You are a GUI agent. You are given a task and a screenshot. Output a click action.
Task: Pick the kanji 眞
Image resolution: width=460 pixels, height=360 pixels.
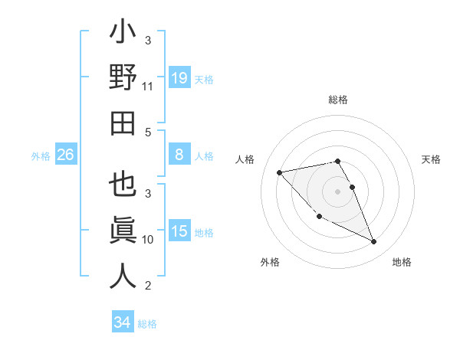pos(123,232)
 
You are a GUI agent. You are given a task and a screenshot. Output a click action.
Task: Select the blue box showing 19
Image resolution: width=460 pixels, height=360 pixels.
pos(179,77)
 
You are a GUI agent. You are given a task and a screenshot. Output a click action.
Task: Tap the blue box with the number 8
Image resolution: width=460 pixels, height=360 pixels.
pos(179,155)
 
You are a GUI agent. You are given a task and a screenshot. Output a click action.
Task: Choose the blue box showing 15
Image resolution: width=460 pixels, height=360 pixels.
pos(179,232)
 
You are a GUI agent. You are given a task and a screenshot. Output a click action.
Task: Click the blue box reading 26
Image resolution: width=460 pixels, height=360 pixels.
pos(65,155)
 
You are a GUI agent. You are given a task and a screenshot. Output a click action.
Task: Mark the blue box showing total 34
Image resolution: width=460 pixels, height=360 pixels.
pos(122,322)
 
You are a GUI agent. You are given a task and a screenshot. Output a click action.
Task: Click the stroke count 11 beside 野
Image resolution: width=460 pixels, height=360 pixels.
pos(148,87)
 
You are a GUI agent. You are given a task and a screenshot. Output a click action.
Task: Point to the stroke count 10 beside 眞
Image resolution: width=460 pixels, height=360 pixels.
pos(148,240)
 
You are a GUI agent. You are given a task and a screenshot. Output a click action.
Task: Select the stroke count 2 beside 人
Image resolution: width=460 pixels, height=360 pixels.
pos(148,286)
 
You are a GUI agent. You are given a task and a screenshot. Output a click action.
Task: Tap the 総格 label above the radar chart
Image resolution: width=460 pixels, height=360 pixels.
pos(338,100)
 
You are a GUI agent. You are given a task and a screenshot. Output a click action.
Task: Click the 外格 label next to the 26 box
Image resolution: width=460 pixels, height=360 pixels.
pos(41,155)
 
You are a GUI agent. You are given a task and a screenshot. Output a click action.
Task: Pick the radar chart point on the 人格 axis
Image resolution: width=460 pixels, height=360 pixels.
pos(280,172)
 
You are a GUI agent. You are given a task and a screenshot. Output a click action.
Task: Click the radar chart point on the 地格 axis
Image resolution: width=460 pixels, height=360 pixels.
pos(373,242)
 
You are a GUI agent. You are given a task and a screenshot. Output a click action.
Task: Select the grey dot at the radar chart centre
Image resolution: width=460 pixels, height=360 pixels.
pos(338,191)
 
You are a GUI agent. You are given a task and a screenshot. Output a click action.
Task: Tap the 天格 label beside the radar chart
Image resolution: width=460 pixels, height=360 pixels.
pos(432,159)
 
